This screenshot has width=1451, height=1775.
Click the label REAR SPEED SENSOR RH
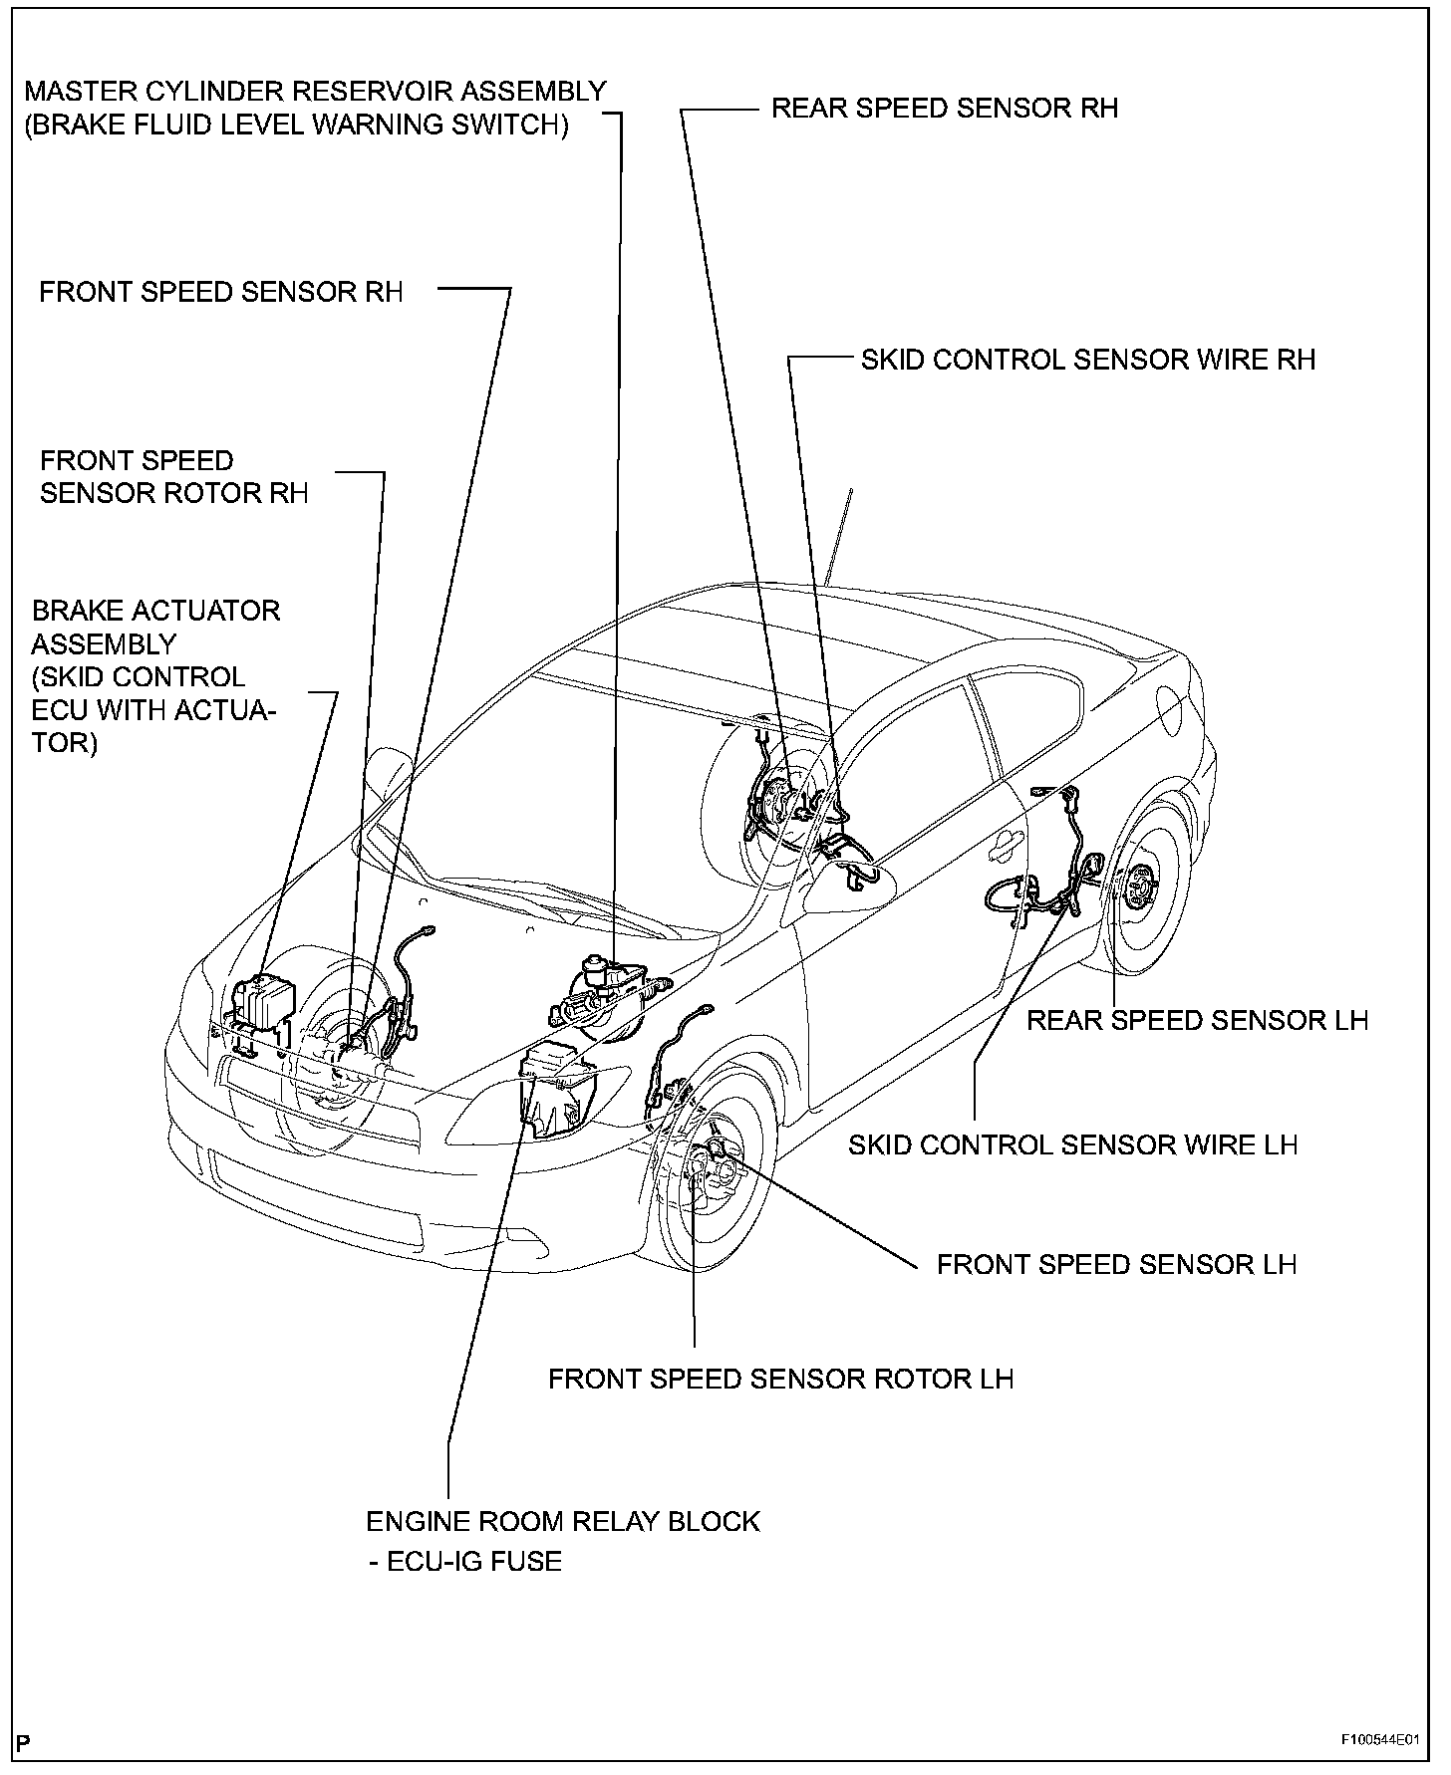coord(944,108)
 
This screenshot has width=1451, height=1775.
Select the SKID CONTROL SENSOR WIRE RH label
coord(1088,360)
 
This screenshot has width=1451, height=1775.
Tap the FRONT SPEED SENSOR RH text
coord(221,292)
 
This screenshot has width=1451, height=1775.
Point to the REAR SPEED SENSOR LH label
coord(1197,1020)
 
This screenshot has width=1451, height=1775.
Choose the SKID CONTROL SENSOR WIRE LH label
coord(1072,1144)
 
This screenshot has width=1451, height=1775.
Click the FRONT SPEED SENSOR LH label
coord(1116,1264)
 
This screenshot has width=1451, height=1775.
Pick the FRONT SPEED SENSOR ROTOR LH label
coord(780,1379)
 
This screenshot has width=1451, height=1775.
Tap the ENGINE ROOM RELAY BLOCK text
coord(563,1521)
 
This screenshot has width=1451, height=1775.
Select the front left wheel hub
coord(713,1165)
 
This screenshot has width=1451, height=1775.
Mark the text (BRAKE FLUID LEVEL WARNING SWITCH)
coord(296,126)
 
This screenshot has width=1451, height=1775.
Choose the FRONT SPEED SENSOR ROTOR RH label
coord(173,476)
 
